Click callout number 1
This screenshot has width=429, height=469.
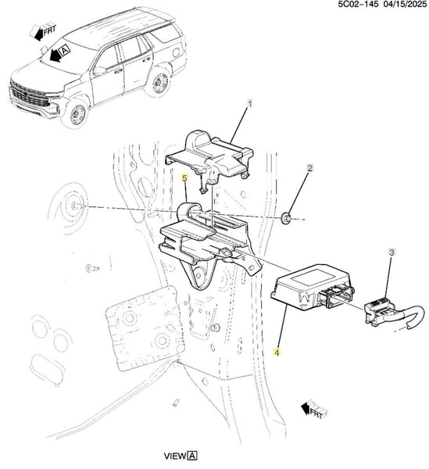pyautogui.click(x=250, y=104)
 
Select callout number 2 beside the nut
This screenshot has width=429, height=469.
pyautogui.click(x=309, y=168)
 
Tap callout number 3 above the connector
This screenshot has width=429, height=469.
pyautogui.click(x=391, y=252)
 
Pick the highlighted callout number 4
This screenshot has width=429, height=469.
pyautogui.click(x=277, y=353)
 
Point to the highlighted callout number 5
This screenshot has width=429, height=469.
pyautogui.click(x=184, y=178)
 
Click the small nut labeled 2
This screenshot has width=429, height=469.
pyautogui.click(x=287, y=217)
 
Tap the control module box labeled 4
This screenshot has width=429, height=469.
pyautogui.click(x=311, y=287)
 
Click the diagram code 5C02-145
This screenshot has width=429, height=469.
pyautogui.click(x=358, y=5)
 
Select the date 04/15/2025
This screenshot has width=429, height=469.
pyautogui.click(x=405, y=5)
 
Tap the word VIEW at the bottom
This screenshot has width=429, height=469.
pyautogui.click(x=174, y=456)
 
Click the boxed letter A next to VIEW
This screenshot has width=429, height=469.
pyautogui.click(x=192, y=456)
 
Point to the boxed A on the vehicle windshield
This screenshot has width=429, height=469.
pyautogui.click(x=65, y=50)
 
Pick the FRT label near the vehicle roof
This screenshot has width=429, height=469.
pyautogui.click(x=50, y=30)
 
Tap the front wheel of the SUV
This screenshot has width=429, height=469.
pyautogui.click(x=77, y=113)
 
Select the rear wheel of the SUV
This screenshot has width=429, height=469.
pyautogui.click(x=159, y=83)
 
